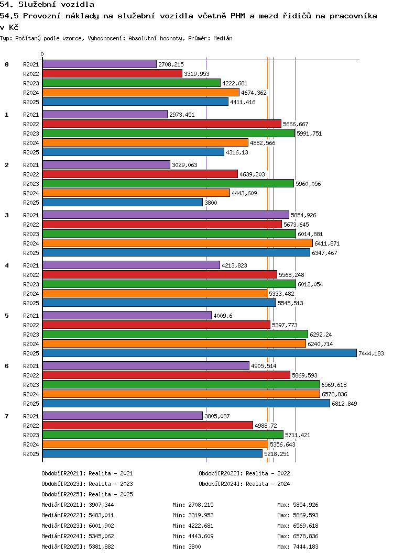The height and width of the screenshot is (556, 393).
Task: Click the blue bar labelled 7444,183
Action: click(200, 353)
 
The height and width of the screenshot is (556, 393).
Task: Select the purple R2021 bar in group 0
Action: click(100, 64)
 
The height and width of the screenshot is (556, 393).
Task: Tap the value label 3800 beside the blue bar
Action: click(211, 203)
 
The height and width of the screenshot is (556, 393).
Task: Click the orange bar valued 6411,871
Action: click(178, 243)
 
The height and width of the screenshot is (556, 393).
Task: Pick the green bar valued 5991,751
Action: click(169, 134)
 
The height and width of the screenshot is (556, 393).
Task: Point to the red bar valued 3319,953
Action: click(112, 74)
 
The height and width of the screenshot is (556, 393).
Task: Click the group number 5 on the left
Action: click(7, 316)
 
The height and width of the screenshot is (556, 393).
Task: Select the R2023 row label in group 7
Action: click(31, 435)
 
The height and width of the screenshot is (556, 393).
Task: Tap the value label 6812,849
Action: click(344, 404)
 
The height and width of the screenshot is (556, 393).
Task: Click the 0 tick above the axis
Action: click(42, 54)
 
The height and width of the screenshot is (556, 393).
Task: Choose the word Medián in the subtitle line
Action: click(223, 38)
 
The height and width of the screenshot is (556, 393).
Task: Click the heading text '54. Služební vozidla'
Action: click(47, 5)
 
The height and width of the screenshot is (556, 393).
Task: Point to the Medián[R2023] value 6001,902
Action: click(101, 526)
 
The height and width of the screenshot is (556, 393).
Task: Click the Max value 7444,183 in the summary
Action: click(305, 547)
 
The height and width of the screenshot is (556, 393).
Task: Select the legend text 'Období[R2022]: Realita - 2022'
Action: click(244, 473)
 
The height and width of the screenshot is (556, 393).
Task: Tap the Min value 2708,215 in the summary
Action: click(201, 505)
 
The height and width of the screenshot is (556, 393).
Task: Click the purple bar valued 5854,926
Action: click(166, 215)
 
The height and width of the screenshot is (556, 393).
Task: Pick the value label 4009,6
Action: click(223, 316)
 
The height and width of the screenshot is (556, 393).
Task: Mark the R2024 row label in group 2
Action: click(31, 193)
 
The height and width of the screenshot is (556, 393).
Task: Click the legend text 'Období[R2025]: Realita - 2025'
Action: click(88, 494)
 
